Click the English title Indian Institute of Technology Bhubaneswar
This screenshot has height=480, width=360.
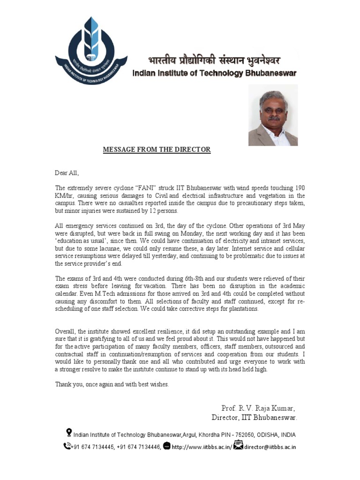(x=214, y=73)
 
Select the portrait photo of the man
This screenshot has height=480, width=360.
(x=273, y=115)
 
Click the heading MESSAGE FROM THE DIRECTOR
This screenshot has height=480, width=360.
(x=157, y=150)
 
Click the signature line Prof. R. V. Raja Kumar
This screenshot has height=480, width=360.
(x=258, y=408)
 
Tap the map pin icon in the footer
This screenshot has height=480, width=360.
(x=69, y=432)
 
